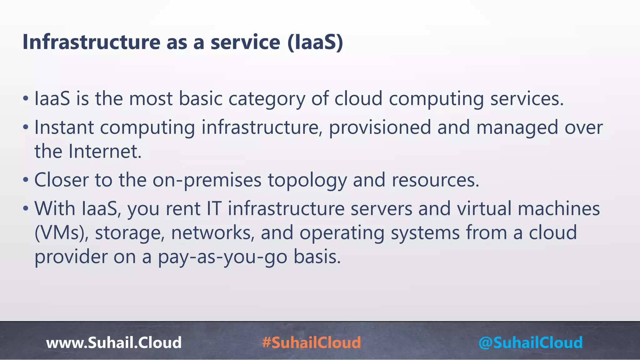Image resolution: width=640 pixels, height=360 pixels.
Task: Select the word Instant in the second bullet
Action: [64, 127]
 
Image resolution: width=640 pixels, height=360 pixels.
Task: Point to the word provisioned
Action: [380, 127]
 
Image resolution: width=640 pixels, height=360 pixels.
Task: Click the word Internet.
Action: [105, 152]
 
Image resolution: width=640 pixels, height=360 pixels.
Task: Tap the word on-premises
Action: [207, 180]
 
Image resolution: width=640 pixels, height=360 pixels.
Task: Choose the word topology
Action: [307, 180]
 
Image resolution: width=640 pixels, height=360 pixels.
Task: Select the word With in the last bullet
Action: [55, 209]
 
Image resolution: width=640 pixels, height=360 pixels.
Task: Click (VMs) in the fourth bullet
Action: [61, 233]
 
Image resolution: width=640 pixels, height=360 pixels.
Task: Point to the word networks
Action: [213, 233]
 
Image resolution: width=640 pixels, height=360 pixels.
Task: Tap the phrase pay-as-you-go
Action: [222, 257]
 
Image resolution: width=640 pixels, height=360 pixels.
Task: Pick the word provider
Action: [70, 257]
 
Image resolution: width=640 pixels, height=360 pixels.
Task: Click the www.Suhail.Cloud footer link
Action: [114, 342]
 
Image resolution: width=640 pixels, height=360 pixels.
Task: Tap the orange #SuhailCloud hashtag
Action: [312, 342]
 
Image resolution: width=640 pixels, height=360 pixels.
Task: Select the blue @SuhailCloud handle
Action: [530, 342]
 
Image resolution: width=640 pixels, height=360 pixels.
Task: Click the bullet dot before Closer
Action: [26, 180]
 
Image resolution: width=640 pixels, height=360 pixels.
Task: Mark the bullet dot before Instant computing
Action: [26, 127]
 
